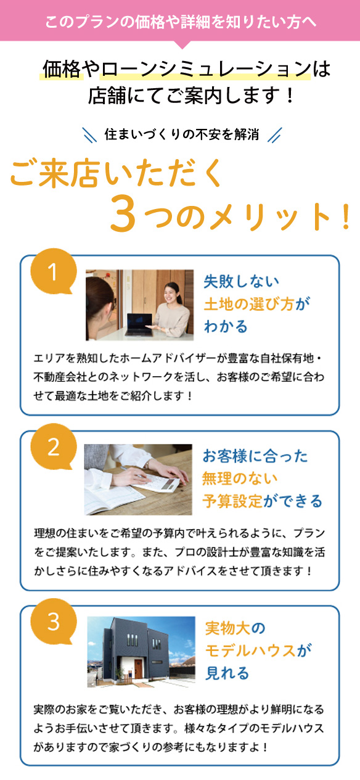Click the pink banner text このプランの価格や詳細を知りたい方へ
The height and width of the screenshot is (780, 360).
(x=181, y=22)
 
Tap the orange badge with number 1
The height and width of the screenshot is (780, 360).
(x=53, y=271)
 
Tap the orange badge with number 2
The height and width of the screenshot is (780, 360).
(x=53, y=446)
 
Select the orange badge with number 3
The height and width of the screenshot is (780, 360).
(x=53, y=621)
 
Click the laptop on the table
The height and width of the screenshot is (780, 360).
(x=139, y=324)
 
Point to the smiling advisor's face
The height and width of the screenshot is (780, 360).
(x=171, y=294)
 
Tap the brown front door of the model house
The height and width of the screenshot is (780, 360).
(x=138, y=668)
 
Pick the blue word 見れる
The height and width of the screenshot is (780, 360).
(x=227, y=673)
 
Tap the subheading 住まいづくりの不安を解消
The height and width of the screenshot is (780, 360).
(x=182, y=134)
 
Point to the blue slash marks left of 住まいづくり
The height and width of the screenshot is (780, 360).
(x=89, y=135)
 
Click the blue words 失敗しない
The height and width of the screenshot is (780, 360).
(x=242, y=281)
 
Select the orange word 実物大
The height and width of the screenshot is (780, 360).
(x=227, y=628)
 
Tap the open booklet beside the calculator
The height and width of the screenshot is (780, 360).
(x=112, y=497)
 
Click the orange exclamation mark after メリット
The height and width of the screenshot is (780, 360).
(x=346, y=217)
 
